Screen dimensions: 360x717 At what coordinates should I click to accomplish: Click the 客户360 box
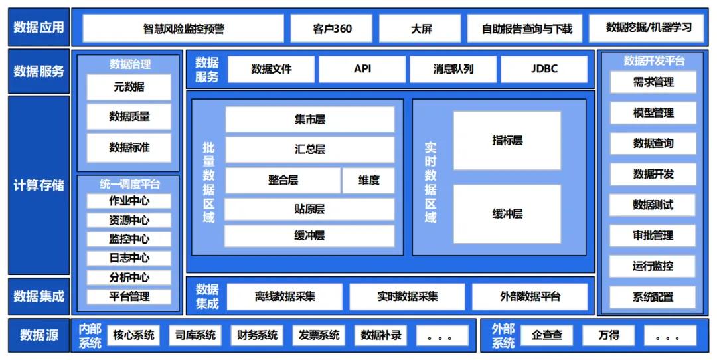click(332, 29)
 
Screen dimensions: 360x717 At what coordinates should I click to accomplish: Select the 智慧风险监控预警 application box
click(183, 29)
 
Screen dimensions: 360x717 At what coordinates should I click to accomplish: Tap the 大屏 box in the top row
click(421, 29)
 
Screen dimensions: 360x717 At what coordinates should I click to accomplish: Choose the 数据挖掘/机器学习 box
click(649, 28)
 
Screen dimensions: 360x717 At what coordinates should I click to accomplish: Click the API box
click(362, 69)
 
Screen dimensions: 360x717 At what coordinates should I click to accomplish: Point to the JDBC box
click(544, 69)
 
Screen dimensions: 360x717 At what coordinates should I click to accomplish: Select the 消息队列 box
click(453, 69)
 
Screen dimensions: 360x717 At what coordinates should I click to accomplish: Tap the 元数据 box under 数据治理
click(129, 87)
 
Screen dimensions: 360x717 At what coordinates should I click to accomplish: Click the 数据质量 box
click(129, 117)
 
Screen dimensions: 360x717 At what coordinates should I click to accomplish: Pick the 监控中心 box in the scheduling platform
click(129, 239)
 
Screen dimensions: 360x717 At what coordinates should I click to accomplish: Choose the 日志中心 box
click(129, 258)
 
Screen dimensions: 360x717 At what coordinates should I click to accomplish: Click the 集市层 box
click(309, 120)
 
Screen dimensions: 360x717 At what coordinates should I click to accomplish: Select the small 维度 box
click(368, 180)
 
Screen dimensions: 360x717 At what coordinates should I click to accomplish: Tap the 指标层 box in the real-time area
click(507, 141)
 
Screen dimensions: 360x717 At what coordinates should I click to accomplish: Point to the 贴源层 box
click(309, 209)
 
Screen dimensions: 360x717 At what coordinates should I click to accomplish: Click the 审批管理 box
click(653, 235)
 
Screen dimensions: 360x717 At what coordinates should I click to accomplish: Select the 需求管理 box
click(653, 82)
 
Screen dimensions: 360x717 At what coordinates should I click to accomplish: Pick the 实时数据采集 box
click(407, 297)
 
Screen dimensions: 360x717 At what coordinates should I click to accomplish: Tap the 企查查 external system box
click(547, 335)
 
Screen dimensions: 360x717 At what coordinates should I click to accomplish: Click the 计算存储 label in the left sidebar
click(39, 185)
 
